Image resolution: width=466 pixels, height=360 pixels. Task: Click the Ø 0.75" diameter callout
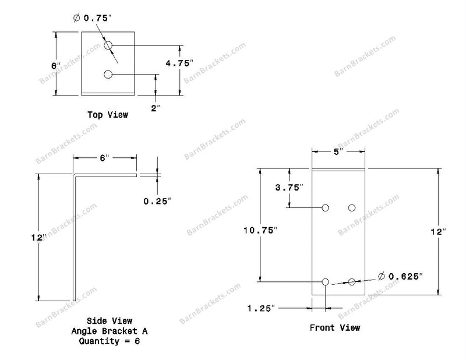(x=92, y=18)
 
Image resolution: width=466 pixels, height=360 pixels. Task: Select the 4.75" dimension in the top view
(x=179, y=63)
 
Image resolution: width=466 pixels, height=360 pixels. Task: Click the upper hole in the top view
(x=108, y=45)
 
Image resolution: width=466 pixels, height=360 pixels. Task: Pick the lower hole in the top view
(x=108, y=74)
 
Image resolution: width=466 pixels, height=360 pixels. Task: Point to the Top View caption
(x=108, y=115)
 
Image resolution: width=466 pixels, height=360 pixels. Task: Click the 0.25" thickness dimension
(x=157, y=201)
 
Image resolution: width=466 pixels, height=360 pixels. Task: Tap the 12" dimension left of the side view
(x=39, y=238)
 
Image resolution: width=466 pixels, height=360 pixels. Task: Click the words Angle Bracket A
(x=110, y=331)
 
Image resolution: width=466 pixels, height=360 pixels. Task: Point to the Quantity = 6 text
(x=110, y=341)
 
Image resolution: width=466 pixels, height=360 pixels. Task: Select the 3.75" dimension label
(x=289, y=188)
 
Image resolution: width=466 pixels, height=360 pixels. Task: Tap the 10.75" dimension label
(x=260, y=230)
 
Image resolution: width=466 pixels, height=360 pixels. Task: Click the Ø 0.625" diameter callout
(x=400, y=276)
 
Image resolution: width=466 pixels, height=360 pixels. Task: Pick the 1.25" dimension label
(x=261, y=308)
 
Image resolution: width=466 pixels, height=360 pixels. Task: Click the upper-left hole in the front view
(x=326, y=208)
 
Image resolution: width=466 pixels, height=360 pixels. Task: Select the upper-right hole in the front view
(x=352, y=208)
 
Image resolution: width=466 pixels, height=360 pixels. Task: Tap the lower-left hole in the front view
(x=326, y=281)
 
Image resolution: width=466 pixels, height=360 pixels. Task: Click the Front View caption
(x=335, y=327)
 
